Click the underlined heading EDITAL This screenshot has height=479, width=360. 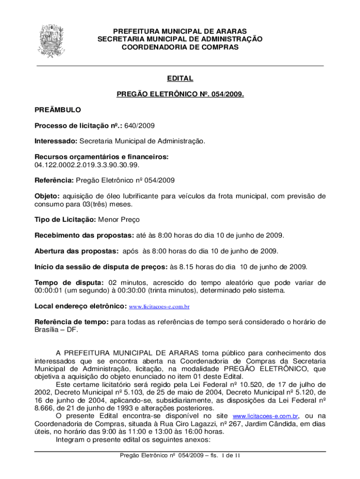180,79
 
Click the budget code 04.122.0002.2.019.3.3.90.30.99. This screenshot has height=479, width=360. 86,165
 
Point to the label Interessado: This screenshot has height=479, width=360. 56,141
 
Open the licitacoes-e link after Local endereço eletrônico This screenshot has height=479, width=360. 159,307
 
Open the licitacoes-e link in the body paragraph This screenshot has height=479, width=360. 265,416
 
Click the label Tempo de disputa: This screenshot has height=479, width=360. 69,283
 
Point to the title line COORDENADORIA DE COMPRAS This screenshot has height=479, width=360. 180,47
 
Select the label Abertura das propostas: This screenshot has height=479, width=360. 77,251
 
